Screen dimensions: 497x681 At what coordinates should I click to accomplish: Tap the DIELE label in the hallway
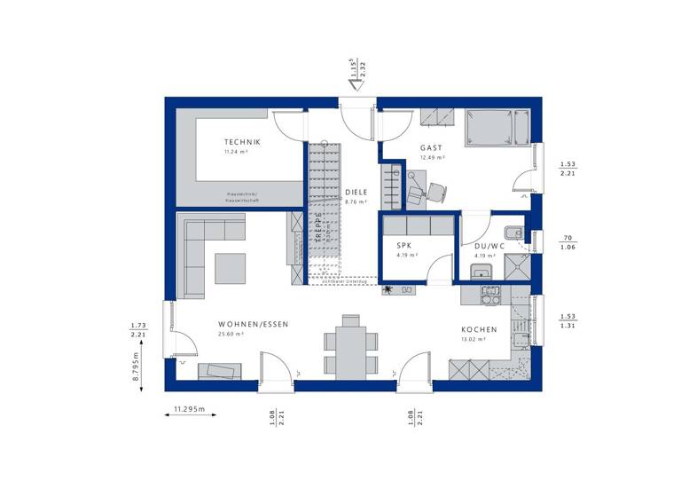pyautogui.click(x=356, y=191)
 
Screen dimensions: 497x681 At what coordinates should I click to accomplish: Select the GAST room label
pyautogui.click(x=431, y=147)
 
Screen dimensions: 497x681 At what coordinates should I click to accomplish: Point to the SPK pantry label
pyautogui.click(x=404, y=246)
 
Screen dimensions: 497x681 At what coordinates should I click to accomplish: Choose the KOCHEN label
pyautogui.click(x=478, y=329)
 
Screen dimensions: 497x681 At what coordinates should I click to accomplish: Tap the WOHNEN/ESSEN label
pyautogui.click(x=253, y=325)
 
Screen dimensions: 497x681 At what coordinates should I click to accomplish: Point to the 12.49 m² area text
pyautogui.click(x=432, y=157)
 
